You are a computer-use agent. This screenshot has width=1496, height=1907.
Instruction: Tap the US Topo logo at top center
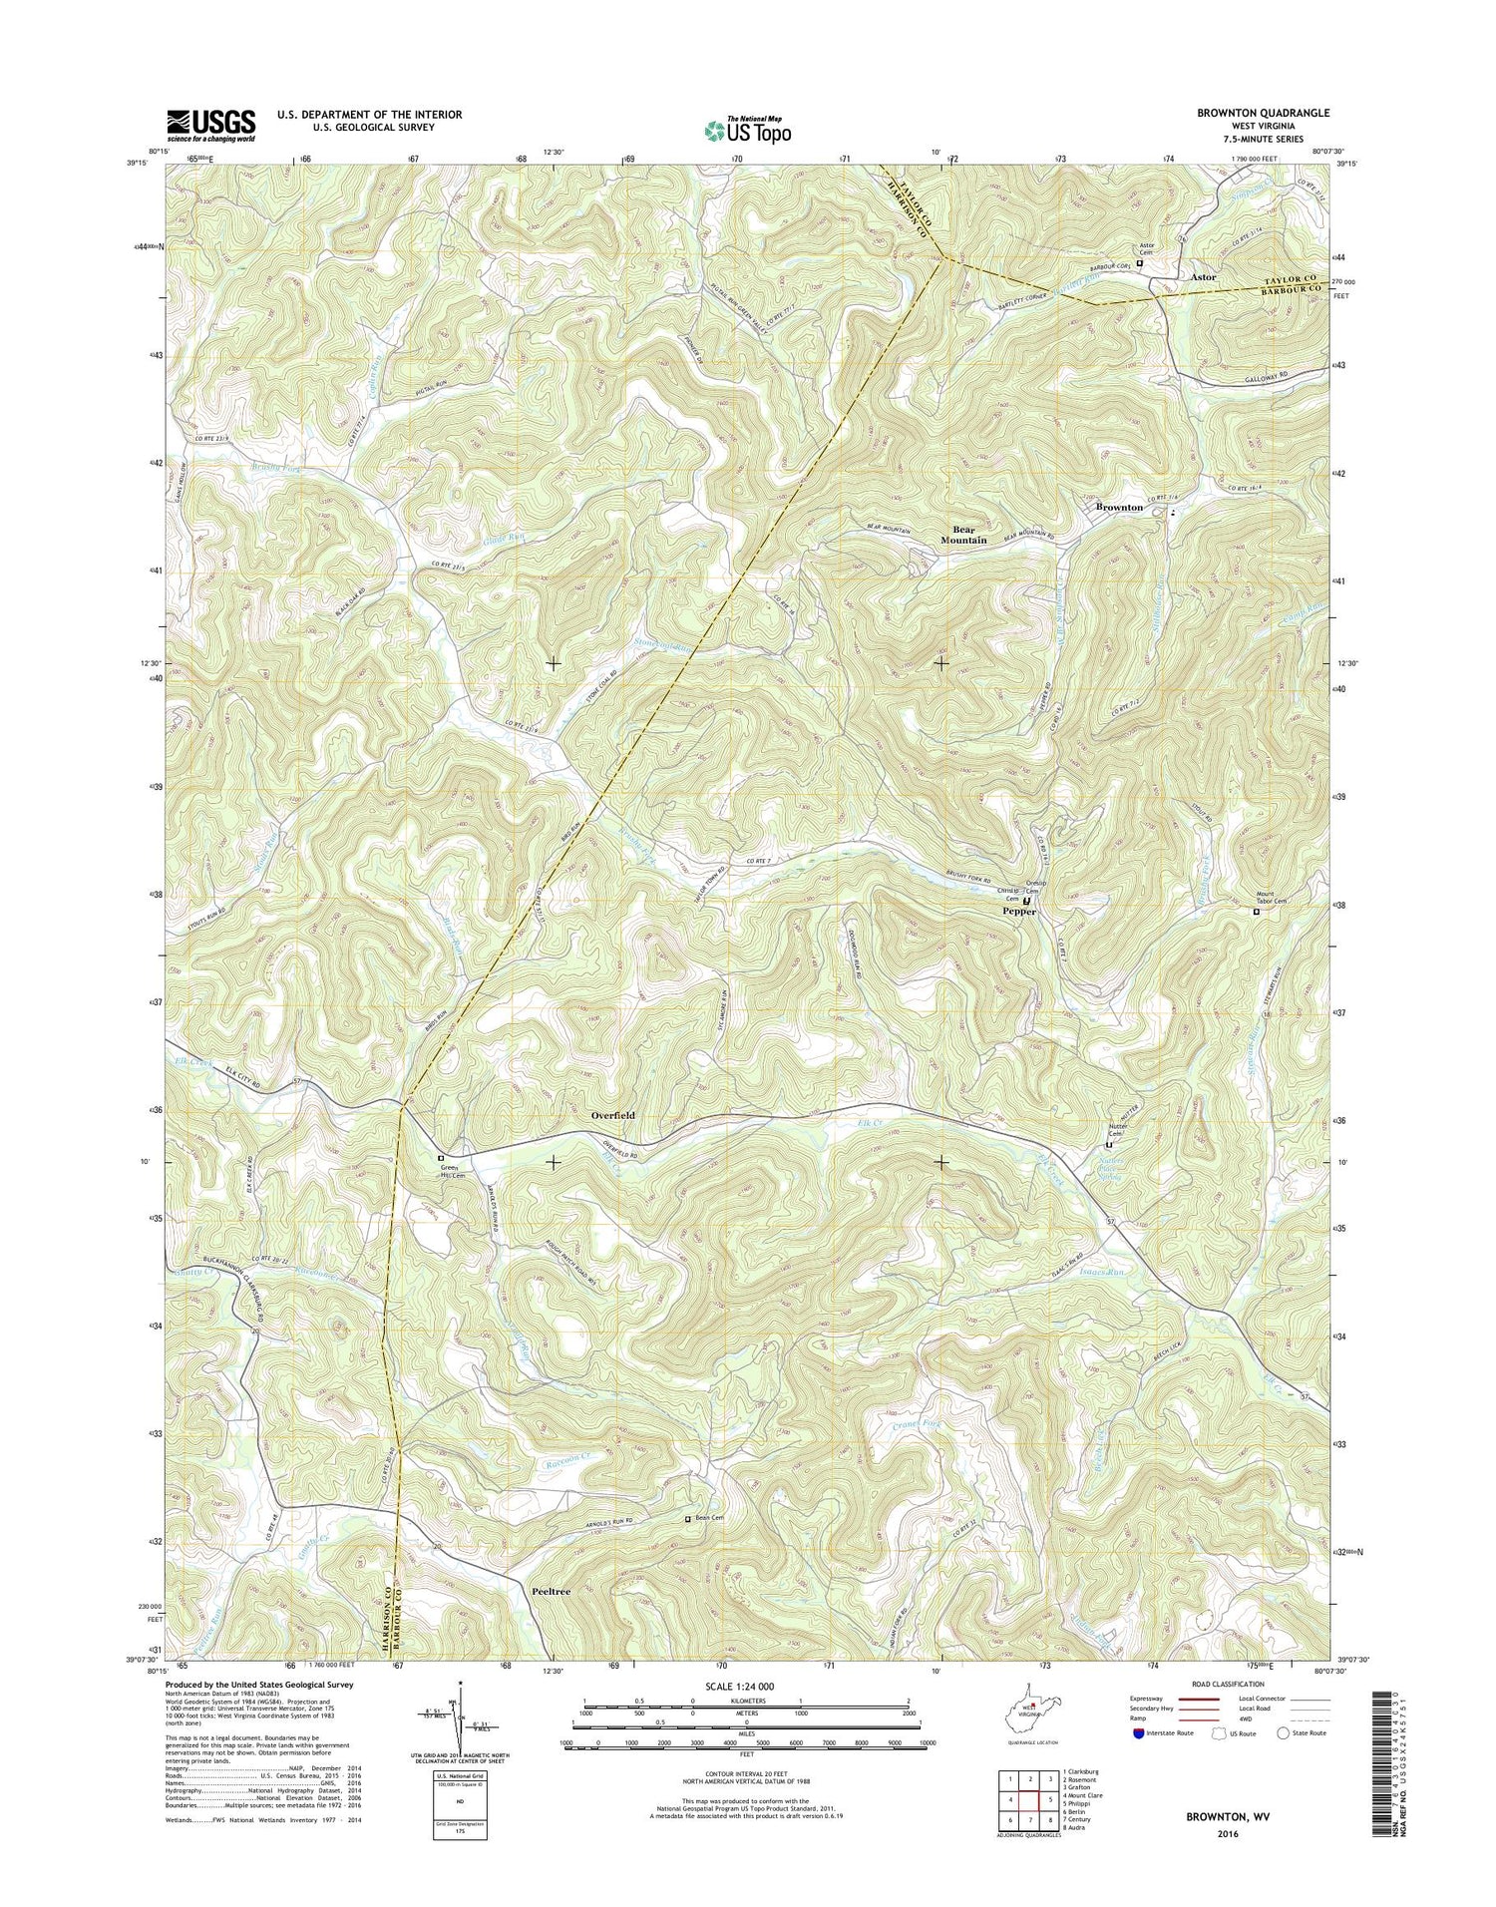[748, 129]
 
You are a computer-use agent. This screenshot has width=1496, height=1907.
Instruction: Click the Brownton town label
[1119, 508]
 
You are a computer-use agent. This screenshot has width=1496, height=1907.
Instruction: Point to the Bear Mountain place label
[963, 535]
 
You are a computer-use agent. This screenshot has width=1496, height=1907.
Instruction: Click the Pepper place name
[1019, 912]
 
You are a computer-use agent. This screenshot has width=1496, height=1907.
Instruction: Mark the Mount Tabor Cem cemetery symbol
[1256, 911]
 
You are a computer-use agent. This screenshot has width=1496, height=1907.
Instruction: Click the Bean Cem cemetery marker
[687, 1519]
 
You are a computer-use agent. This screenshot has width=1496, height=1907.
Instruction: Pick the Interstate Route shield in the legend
[1139, 1733]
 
